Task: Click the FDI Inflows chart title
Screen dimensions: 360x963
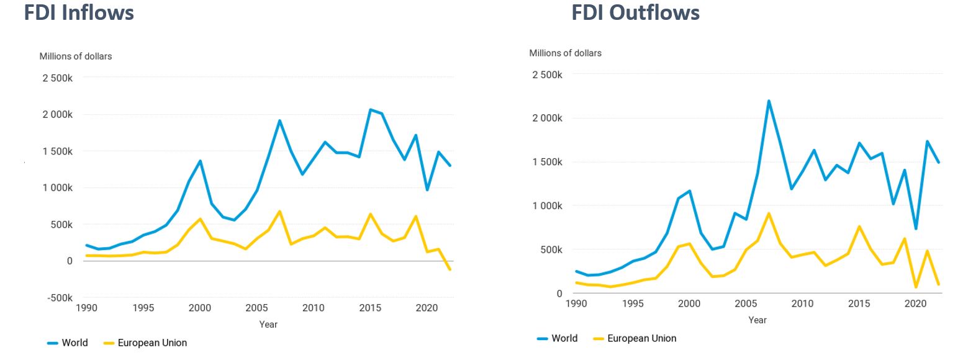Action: point(79,12)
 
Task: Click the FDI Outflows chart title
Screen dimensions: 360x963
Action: point(635,12)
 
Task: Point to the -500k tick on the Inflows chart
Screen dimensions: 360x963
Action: point(59,297)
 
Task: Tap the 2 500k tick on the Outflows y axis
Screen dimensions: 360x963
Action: point(547,74)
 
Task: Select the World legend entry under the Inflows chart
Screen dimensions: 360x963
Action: point(68,343)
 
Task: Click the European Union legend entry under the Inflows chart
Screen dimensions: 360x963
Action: point(145,343)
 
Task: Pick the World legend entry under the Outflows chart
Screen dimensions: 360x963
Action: point(558,338)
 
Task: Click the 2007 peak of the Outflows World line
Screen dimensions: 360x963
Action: point(769,101)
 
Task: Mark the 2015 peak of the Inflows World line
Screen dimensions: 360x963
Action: point(370,110)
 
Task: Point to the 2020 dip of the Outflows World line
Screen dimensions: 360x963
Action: point(916,228)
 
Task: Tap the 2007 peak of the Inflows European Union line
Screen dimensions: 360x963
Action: point(279,212)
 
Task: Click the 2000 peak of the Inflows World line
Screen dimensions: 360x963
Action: point(200,161)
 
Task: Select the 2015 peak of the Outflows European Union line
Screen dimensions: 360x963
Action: point(859,227)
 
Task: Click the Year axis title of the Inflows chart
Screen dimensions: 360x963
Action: point(268,324)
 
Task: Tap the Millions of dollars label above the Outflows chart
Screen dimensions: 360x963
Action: point(565,53)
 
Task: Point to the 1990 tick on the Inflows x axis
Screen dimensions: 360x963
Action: point(86,308)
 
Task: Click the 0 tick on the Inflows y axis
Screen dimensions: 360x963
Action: point(70,261)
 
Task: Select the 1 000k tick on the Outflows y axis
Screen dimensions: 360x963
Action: point(547,205)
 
